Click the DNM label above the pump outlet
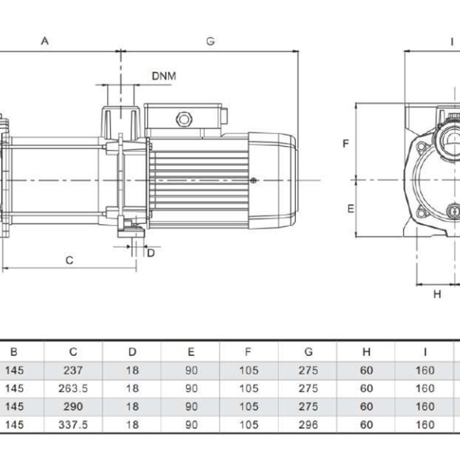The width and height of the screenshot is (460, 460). (x=164, y=76)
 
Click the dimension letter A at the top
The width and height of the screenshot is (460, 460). (x=45, y=41)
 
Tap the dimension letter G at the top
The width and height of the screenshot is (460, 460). (x=210, y=41)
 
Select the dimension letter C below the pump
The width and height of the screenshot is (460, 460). (x=69, y=260)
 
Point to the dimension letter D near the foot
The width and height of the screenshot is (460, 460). (x=151, y=253)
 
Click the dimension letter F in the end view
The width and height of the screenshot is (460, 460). (x=346, y=143)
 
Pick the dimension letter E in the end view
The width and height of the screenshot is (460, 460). (x=350, y=209)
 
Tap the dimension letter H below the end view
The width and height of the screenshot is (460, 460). (x=437, y=294)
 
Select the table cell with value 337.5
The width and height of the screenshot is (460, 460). (x=73, y=425)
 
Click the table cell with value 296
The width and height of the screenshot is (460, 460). (x=308, y=425)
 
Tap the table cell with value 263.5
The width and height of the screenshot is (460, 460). (x=73, y=388)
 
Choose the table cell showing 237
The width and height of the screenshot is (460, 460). (x=73, y=370)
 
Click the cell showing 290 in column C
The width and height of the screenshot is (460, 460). (x=73, y=406)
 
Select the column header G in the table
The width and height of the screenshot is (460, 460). (x=308, y=352)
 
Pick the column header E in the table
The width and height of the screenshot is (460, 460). (x=191, y=352)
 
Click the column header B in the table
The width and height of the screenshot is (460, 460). (x=14, y=352)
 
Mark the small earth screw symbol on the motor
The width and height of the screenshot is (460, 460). (x=253, y=181)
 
